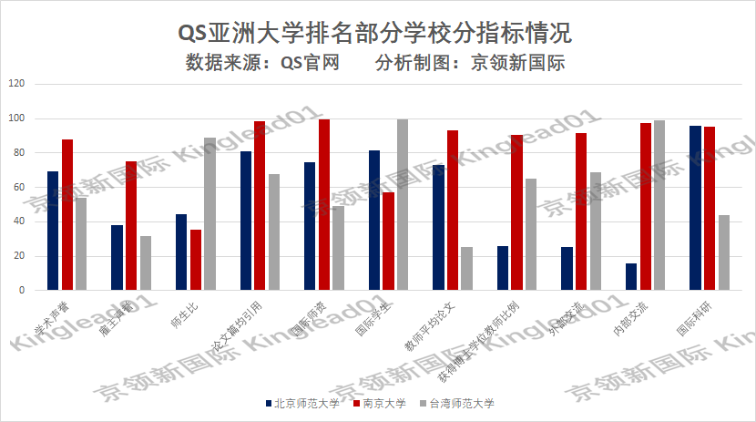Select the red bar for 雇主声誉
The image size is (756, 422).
tap(131, 225)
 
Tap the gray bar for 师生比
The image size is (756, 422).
tap(209, 213)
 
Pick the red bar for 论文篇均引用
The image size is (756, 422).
tap(260, 205)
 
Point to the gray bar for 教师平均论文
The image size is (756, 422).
tap(466, 268)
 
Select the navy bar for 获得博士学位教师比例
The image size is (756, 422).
tap(503, 268)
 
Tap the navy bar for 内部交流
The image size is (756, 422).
tap(631, 276)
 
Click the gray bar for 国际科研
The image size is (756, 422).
tap(723, 252)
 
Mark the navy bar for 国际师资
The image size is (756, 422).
tap(311, 226)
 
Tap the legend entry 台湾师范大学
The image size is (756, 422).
tap(461, 403)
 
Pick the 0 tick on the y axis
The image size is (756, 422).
tap(23, 290)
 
